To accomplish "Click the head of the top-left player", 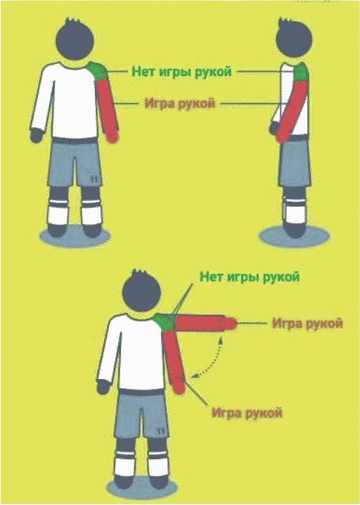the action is coord(75,40).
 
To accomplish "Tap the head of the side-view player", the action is coord(295,39).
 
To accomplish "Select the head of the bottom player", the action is coord(142,290).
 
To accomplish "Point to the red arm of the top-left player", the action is coord(108,110).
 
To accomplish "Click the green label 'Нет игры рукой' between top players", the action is coord(181,71).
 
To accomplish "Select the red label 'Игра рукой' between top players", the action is coord(180,103).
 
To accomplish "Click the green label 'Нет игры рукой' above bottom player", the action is coord(250,276).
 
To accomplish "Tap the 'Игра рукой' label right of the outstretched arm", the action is coord(307,323).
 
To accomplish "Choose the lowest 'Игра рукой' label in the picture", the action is coord(247,413).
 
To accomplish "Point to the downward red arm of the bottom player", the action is coord(175,362).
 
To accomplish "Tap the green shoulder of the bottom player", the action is coord(164,321).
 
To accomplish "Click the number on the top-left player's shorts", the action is coord(94,179).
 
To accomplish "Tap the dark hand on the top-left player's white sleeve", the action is coord(37,135).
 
